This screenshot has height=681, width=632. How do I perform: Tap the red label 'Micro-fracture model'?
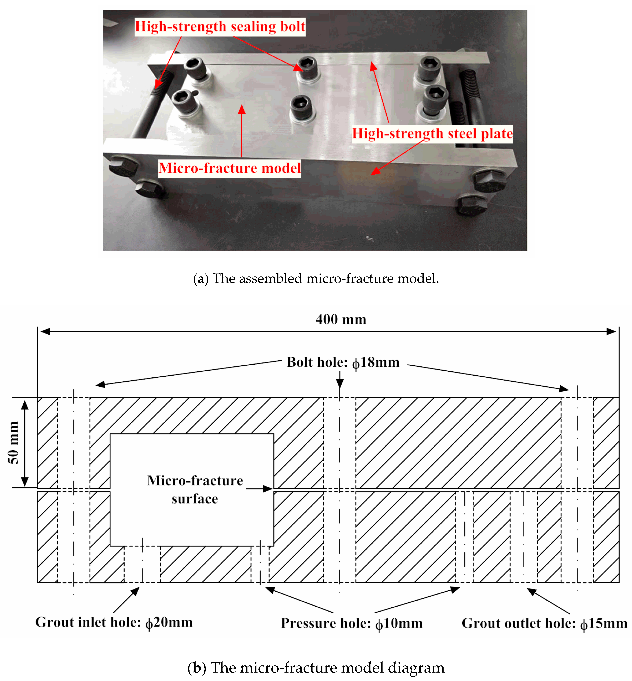pyautogui.click(x=229, y=168)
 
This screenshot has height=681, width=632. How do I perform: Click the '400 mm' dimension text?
pyautogui.click(x=341, y=319)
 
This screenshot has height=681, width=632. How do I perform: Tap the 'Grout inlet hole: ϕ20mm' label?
pyautogui.click(x=114, y=622)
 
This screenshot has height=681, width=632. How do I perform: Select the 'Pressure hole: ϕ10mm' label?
pyautogui.click(x=352, y=623)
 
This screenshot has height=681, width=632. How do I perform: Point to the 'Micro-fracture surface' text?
pyautogui.click(x=195, y=490)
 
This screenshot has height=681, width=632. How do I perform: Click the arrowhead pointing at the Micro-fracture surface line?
pyautogui.click(x=268, y=489)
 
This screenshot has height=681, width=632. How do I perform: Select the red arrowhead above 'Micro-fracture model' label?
pyautogui.click(x=242, y=109)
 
